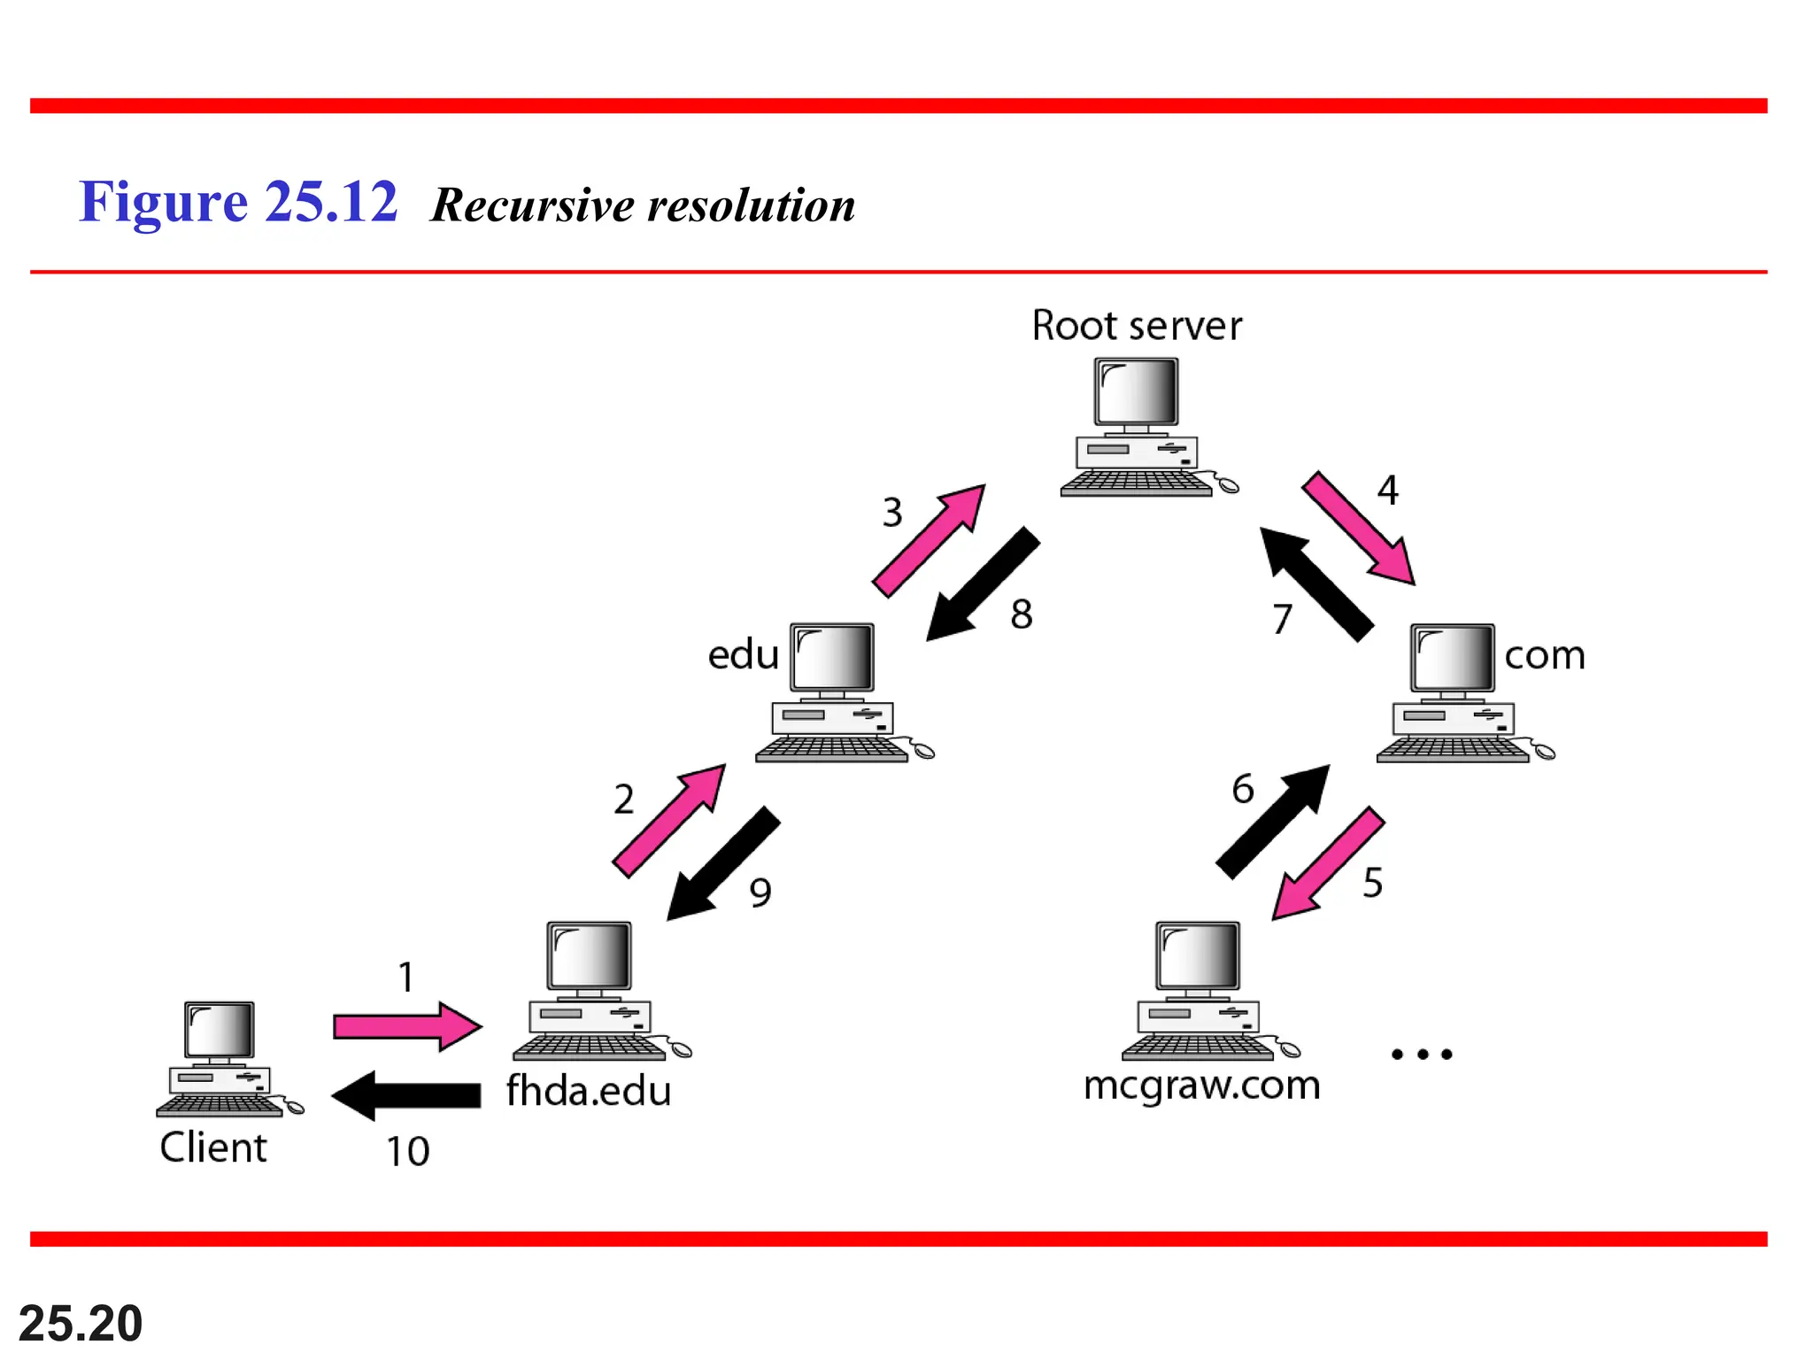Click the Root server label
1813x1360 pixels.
point(1137,326)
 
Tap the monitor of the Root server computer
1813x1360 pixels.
point(1137,392)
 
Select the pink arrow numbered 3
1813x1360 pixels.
point(928,541)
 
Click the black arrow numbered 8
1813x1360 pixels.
point(983,583)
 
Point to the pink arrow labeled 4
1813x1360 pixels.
point(1358,528)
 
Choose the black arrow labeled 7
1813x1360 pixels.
point(1316,583)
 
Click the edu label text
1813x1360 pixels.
point(743,654)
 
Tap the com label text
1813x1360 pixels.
point(1545,655)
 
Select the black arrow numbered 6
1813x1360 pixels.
point(1273,821)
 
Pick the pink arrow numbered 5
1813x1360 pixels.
point(1328,863)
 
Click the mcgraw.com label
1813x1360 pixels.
point(1201,1086)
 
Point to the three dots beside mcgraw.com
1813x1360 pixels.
point(1422,1054)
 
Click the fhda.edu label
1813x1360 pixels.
point(589,1091)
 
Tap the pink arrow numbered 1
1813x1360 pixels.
point(407,1027)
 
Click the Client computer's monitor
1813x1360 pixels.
point(220,1031)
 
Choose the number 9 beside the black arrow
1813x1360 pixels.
point(760,892)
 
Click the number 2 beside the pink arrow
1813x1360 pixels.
point(624,800)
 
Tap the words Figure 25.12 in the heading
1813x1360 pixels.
point(238,202)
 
